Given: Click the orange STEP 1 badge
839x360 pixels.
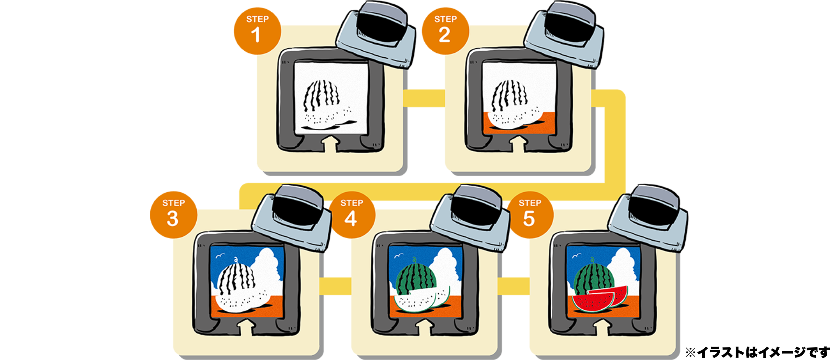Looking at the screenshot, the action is (257, 31).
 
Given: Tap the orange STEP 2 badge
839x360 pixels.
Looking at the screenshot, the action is (445, 31).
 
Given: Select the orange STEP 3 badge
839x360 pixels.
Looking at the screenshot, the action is (173, 215).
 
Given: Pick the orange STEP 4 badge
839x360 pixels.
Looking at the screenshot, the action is (352, 215).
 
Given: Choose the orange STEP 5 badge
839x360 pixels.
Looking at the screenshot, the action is (530, 215).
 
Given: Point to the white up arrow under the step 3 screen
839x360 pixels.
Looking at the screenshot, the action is (246, 327).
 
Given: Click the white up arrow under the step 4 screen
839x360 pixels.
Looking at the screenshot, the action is (425, 327).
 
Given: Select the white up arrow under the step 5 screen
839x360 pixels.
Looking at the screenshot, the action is (603, 327).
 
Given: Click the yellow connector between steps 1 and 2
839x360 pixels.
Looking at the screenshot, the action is (424, 98).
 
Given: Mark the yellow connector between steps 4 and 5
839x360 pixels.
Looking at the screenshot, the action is (513, 286).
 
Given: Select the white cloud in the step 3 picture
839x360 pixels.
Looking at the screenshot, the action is (267, 269).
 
